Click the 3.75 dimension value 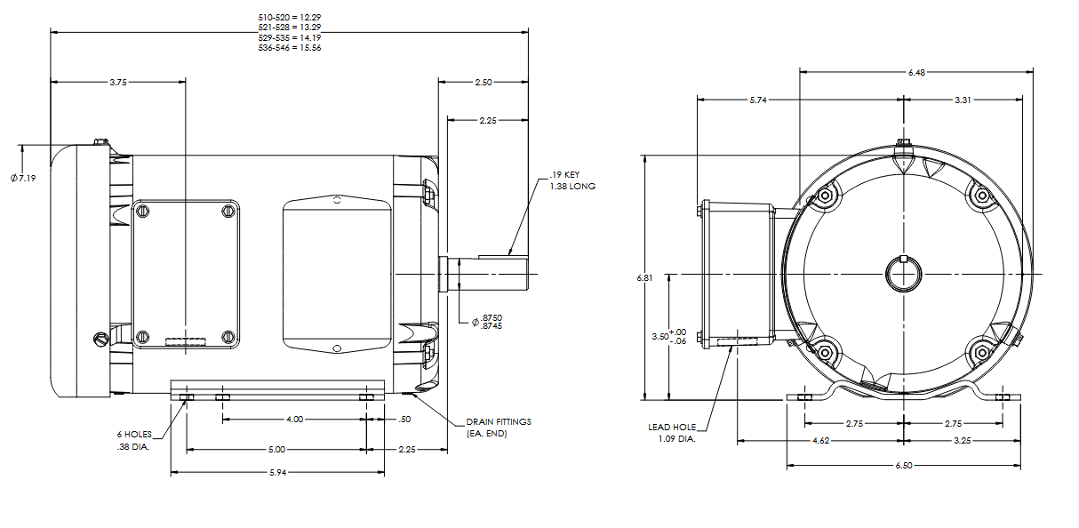point(118,82)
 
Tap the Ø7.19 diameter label point(22,178)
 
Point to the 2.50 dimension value point(483,82)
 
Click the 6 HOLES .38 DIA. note point(133,440)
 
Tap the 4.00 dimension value point(294,419)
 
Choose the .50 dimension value point(404,419)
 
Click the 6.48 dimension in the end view point(916,73)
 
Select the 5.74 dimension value point(757,100)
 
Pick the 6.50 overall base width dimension point(905,465)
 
